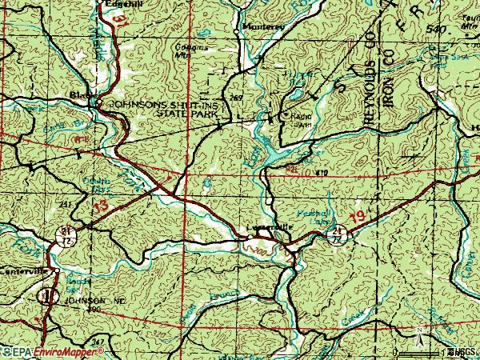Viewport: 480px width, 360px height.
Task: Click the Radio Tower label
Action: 301,119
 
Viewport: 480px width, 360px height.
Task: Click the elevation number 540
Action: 434,29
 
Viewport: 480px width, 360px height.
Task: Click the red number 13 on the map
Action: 99,207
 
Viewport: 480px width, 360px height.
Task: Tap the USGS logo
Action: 466,352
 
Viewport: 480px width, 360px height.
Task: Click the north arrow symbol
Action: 417,330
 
